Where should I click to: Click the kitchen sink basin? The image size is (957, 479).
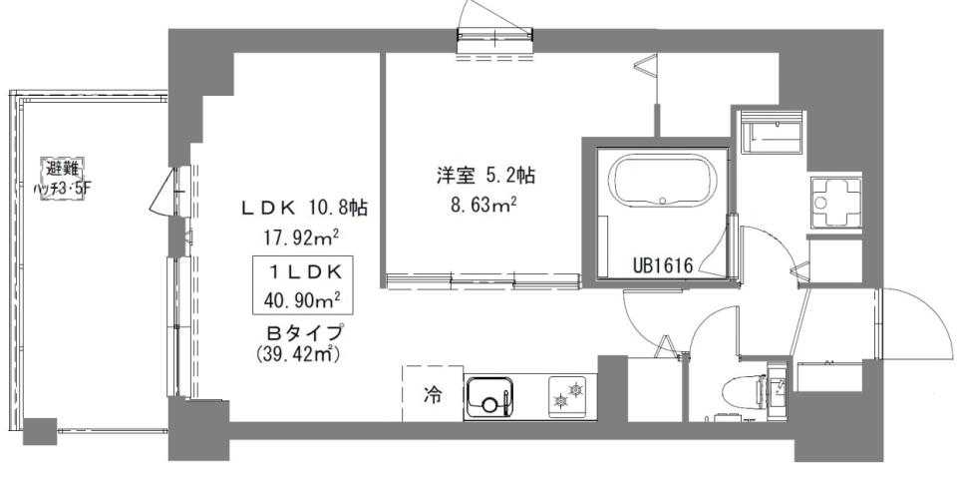[x=489, y=398]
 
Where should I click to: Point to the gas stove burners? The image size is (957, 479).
[x=568, y=397]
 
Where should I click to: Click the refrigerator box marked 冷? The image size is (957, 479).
[x=432, y=395]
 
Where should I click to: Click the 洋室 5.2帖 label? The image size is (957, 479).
[x=485, y=177]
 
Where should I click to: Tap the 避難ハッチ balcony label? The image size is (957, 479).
[x=59, y=176]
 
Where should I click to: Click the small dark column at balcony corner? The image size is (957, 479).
[x=40, y=431]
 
